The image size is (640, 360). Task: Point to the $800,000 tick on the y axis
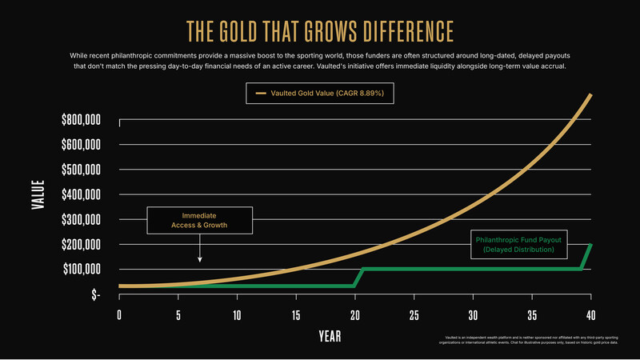click(81, 120)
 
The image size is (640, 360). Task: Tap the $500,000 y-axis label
click(81, 170)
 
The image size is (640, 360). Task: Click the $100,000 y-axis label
click(81, 269)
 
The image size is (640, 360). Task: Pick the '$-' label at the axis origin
click(96, 294)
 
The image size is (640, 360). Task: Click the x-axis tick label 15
click(296, 314)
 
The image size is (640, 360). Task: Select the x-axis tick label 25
click(414, 314)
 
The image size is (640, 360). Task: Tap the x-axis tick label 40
click(590, 314)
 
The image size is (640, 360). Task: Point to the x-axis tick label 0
click(119, 314)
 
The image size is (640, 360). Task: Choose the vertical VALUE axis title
click(38, 195)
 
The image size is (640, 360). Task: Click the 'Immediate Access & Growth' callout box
click(199, 220)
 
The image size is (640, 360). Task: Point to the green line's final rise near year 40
click(586, 257)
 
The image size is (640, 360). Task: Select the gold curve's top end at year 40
click(590, 95)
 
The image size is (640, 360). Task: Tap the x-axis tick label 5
click(178, 314)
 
